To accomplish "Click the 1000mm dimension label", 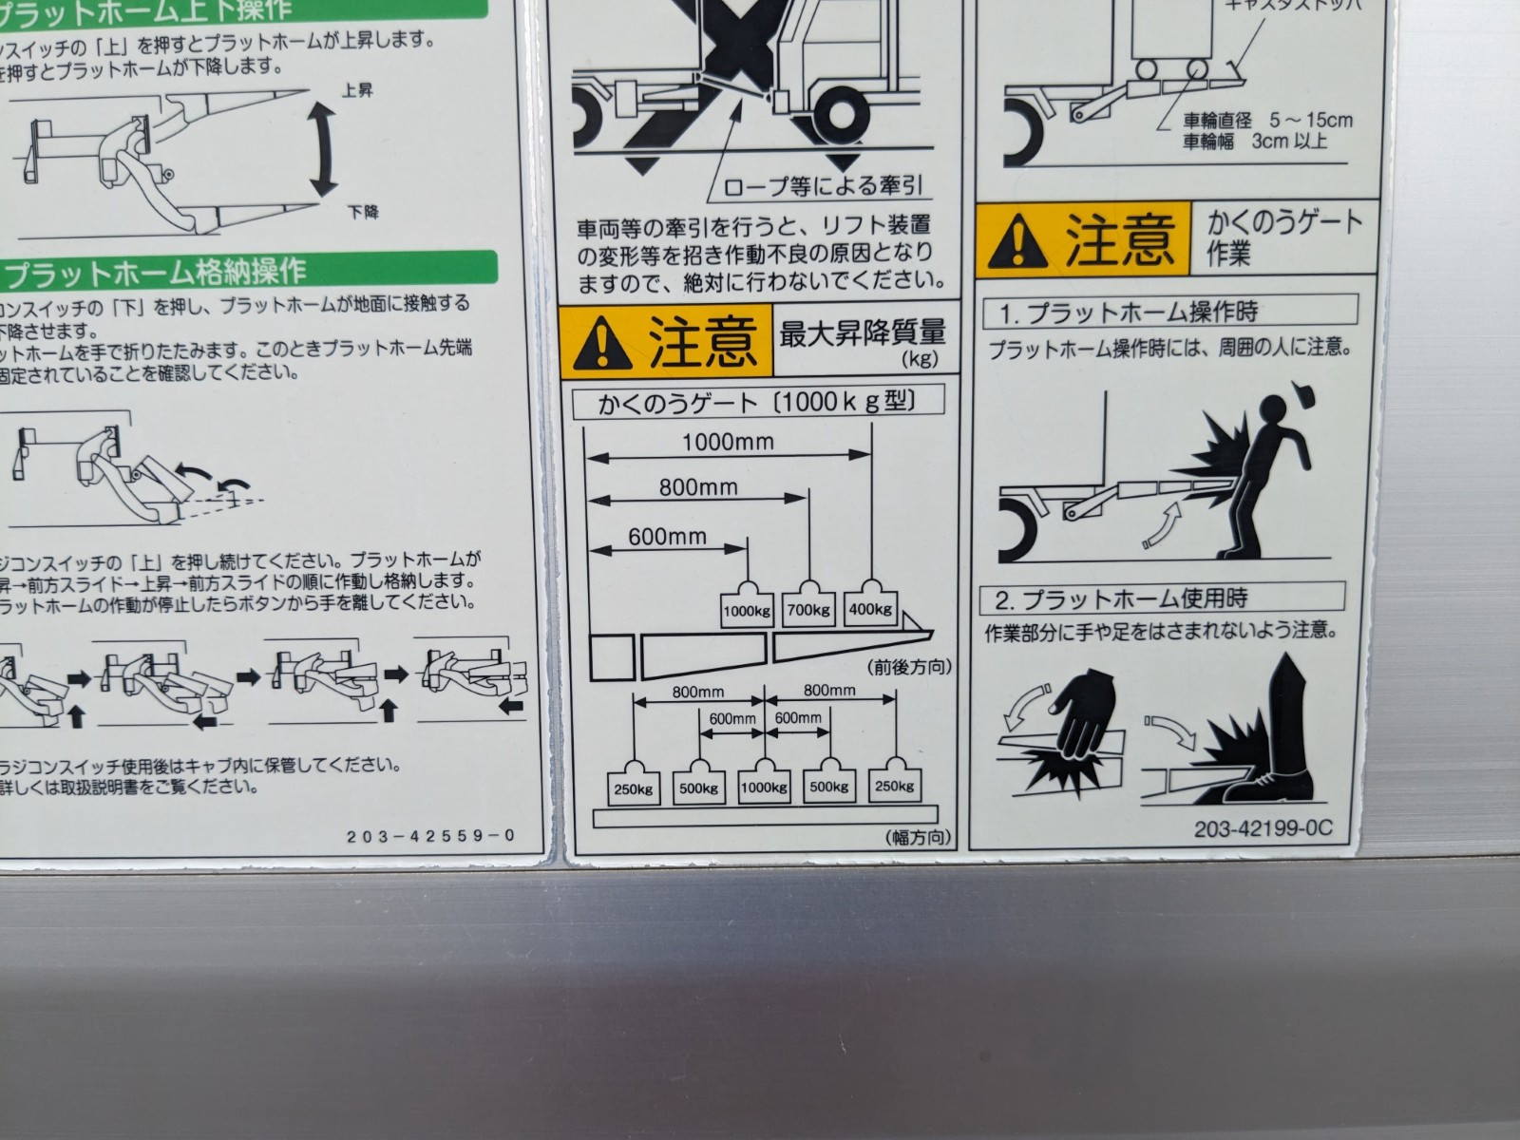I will (x=728, y=442).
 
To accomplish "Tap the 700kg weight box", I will (x=808, y=610).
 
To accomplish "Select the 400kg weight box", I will (x=871, y=609).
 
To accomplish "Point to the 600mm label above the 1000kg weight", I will (x=667, y=537).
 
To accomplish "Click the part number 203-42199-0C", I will (x=1263, y=828).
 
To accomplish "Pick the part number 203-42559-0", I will (x=430, y=836).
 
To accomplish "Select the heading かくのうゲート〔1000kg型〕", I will (x=758, y=402).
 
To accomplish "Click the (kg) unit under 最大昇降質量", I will (x=919, y=359).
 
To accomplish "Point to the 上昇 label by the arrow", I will (x=357, y=90).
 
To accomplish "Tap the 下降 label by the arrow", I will (x=363, y=212).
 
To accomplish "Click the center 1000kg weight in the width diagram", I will (x=764, y=787).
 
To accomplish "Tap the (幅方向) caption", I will (x=918, y=837).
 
